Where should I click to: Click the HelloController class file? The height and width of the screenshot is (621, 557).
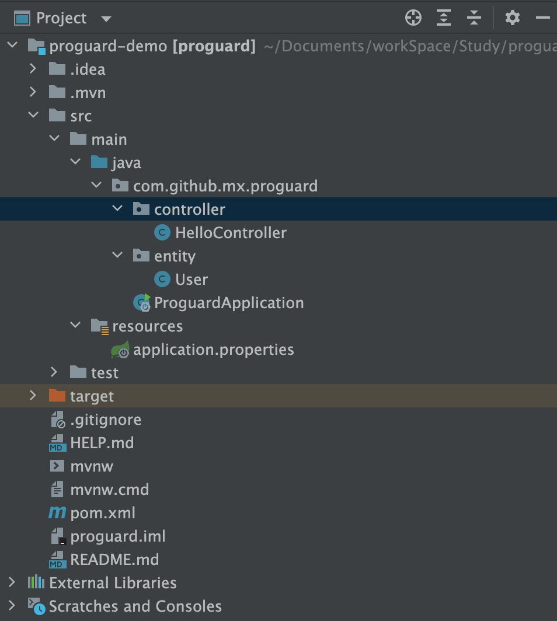[231, 233]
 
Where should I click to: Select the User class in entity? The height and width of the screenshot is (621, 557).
[191, 280]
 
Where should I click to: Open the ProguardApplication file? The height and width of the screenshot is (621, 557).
[229, 303]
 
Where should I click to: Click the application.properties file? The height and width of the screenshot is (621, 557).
[213, 350]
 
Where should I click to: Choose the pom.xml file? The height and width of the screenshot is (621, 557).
[102, 513]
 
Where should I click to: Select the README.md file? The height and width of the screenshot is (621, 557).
[114, 560]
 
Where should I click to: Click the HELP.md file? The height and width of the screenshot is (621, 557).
[102, 443]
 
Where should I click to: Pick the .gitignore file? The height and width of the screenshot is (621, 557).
[105, 420]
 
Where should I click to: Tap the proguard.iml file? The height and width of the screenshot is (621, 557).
[117, 536]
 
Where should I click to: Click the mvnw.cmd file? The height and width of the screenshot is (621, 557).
[109, 490]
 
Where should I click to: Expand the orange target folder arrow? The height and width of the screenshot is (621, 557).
[33, 396]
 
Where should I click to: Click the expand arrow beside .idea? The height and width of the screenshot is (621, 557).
[33, 69]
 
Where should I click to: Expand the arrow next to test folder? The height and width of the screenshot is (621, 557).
[54, 372]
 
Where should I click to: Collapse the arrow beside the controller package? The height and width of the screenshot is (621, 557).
[117, 208]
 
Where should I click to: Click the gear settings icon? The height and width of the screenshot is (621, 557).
[512, 18]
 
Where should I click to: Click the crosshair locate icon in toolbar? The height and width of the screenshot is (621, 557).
[413, 18]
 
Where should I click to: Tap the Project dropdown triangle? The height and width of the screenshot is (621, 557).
[106, 19]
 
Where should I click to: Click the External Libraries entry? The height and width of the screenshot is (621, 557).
[113, 583]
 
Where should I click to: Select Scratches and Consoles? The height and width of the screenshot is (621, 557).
[135, 606]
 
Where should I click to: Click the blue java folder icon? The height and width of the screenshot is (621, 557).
[99, 162]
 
